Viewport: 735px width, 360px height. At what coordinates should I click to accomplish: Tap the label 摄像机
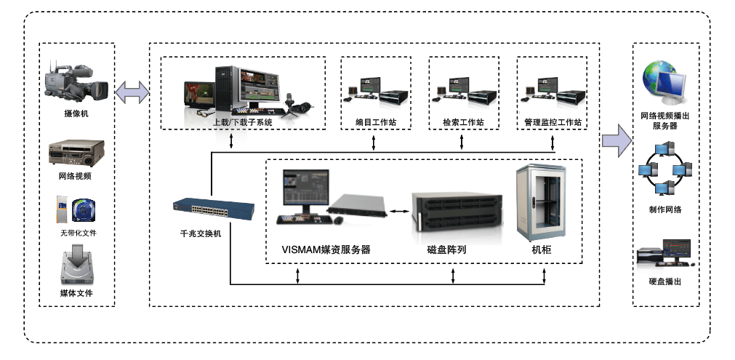point(76,114)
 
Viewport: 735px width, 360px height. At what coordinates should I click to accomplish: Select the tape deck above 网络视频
point(76,153)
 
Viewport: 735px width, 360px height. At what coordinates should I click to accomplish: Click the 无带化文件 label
point(78,233)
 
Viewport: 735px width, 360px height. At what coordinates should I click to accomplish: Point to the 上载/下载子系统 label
point(242,123)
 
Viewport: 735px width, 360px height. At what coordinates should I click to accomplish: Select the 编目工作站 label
point(375,122)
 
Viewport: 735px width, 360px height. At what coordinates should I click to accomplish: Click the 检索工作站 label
point(463,122)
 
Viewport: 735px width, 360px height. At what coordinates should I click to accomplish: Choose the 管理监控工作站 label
point(553,122)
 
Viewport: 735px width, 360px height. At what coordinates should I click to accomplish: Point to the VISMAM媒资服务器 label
point(326,249)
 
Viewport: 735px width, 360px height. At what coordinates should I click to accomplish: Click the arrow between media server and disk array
point(398,212)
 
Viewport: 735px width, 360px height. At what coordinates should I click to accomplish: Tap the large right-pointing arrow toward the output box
point(616,140)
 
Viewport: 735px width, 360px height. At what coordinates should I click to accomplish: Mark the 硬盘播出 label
point(664,281)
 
